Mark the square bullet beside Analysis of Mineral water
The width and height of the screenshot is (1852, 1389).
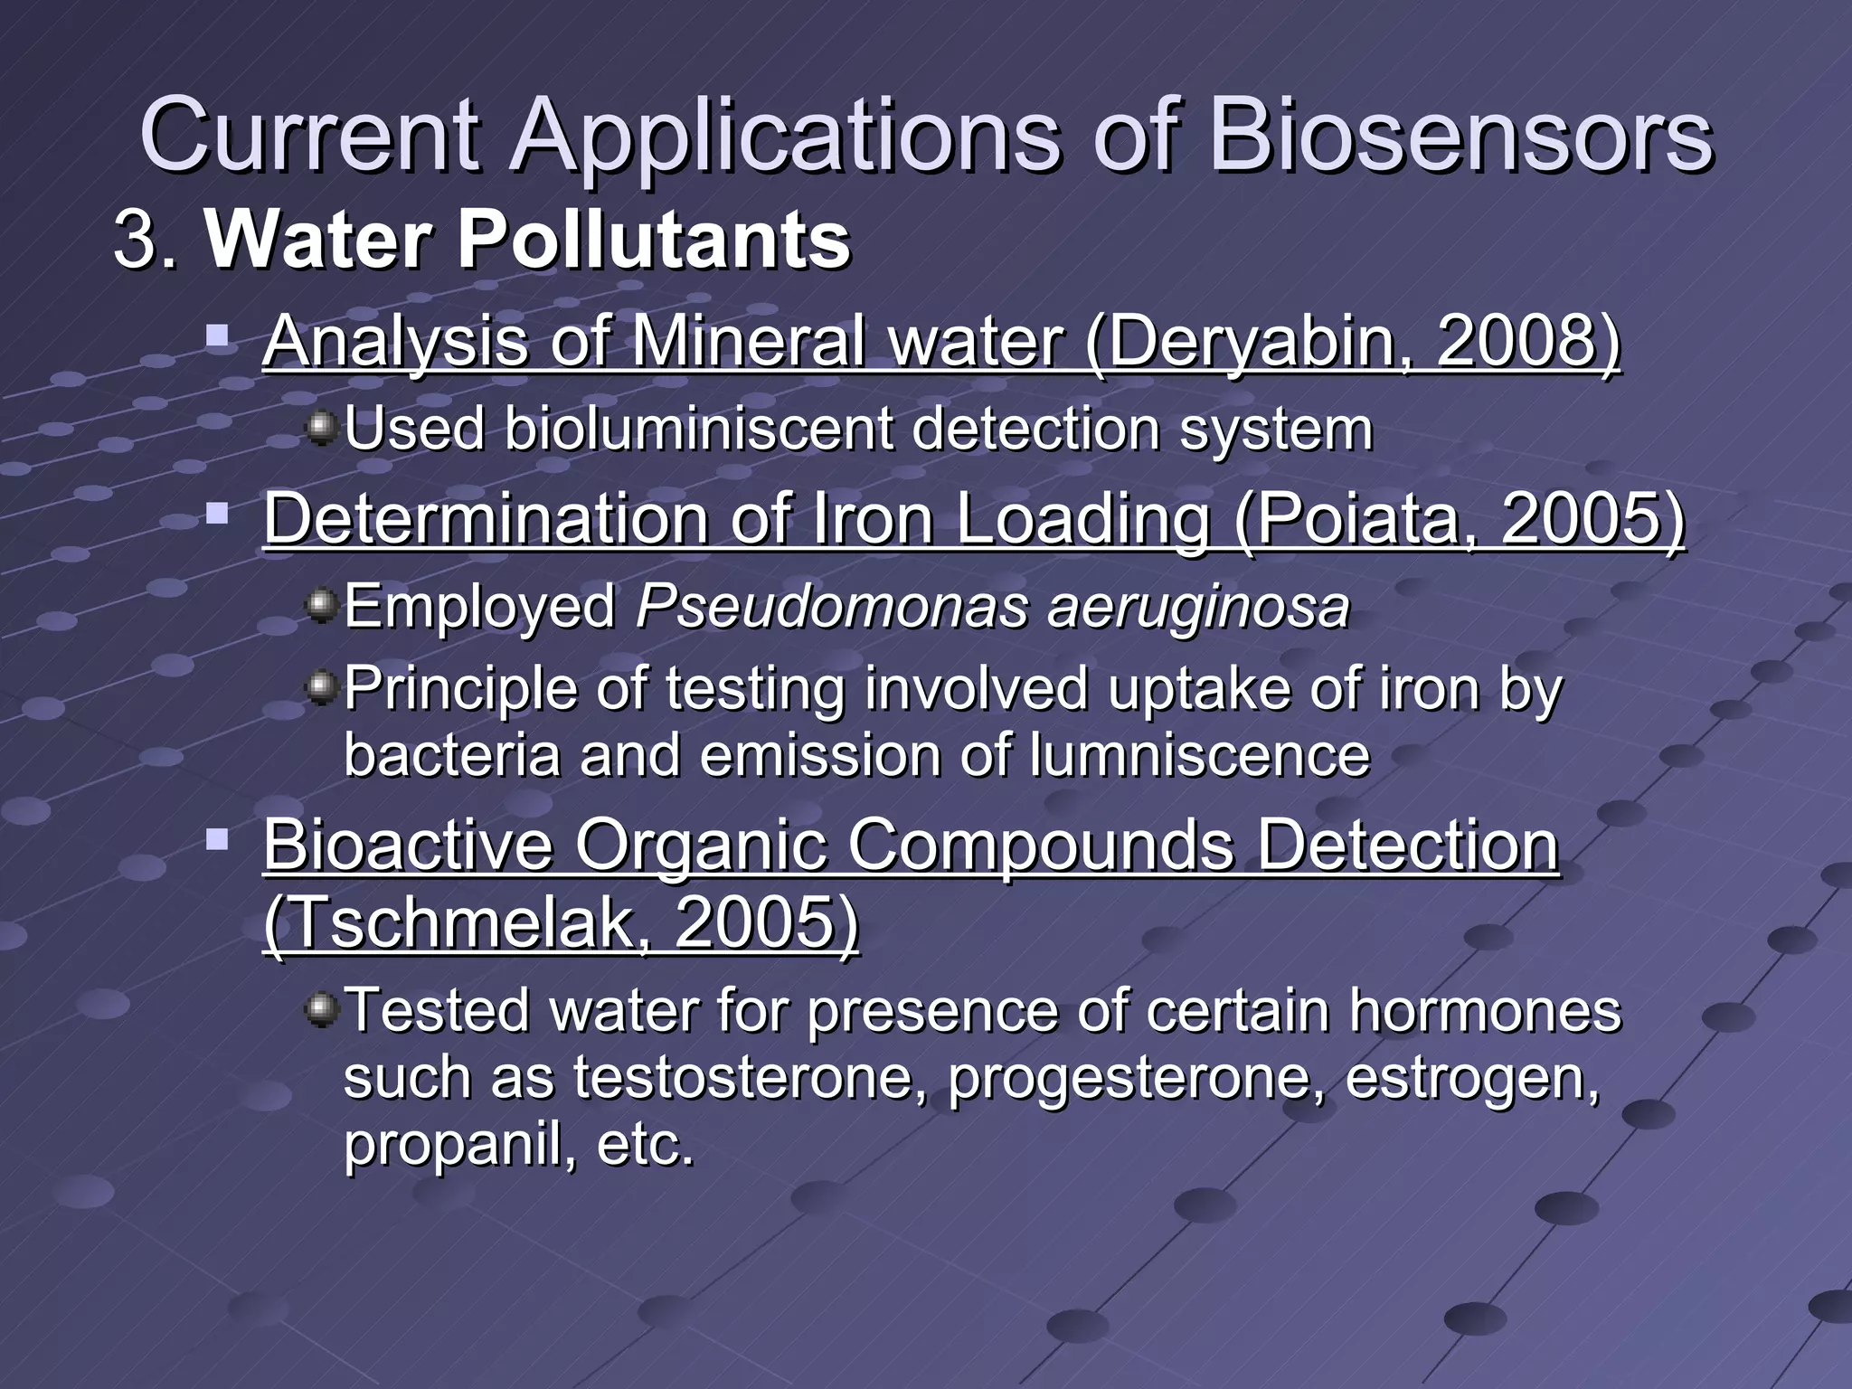217,337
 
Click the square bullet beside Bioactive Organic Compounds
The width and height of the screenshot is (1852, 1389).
217,840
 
